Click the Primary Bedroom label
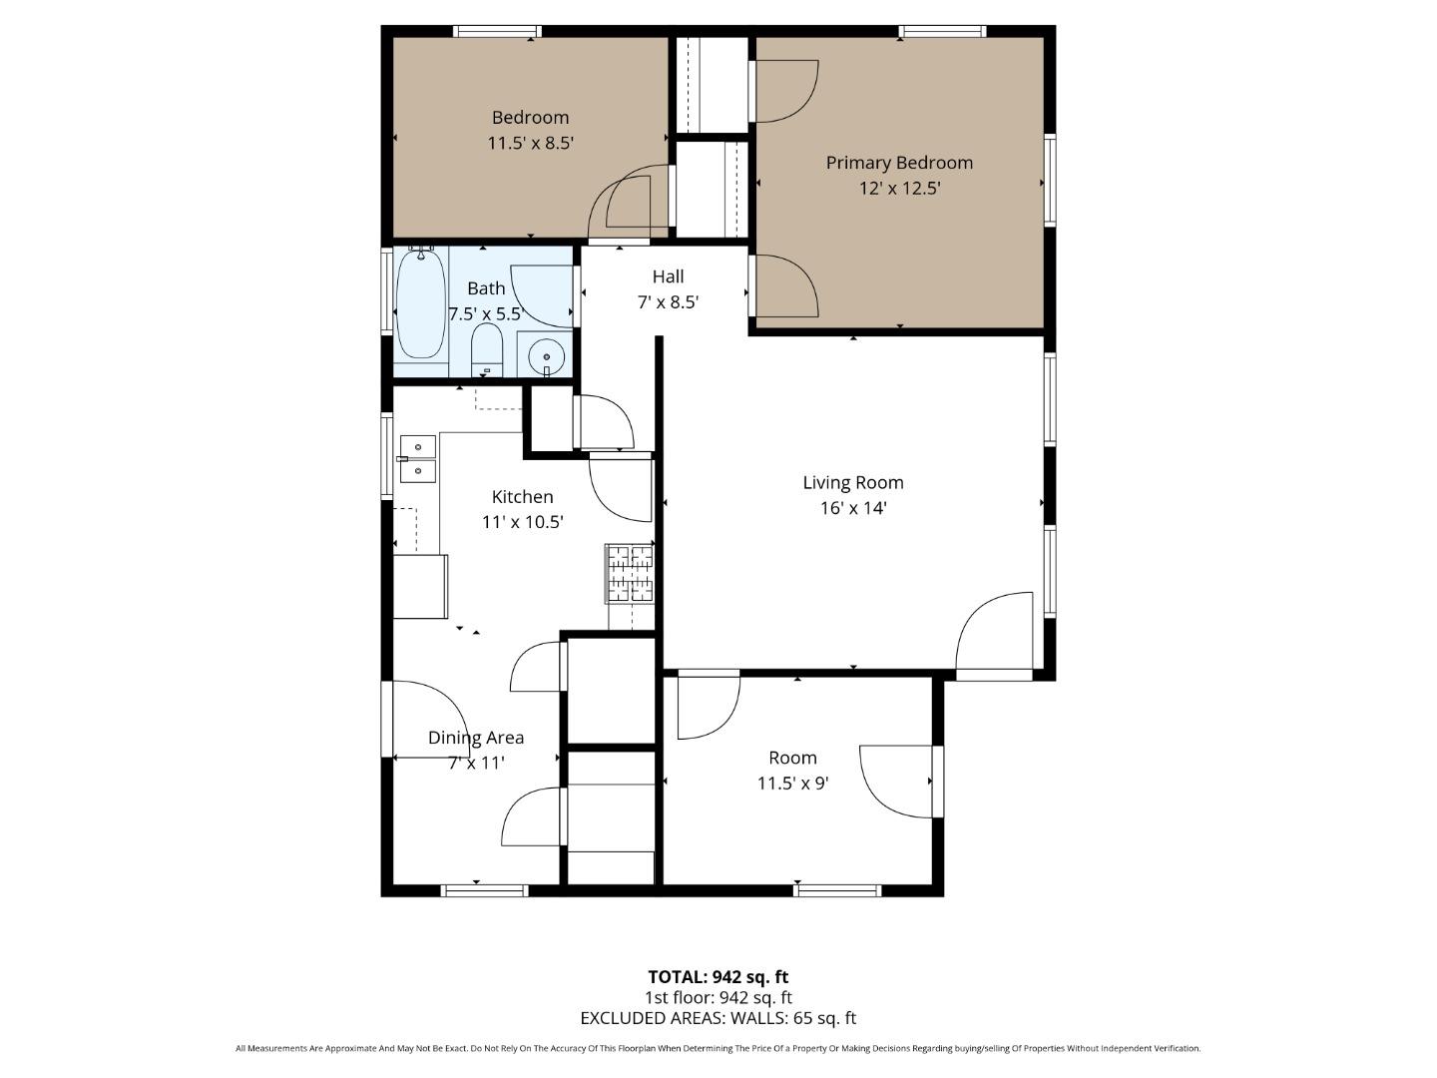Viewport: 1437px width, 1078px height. (898, 163)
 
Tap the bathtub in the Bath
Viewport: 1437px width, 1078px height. (420, 303)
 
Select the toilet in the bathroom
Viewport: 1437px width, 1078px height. (486, 347)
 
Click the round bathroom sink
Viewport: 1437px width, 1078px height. (546, 355)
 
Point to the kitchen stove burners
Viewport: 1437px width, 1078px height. (630, 574)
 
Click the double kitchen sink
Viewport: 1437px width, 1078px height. (418, 458)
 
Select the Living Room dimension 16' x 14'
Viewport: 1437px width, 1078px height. (853, 508)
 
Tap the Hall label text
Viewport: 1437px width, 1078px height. (668, 276)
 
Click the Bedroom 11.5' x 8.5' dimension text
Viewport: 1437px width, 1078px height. (530, 143)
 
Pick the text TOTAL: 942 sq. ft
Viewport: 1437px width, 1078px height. (718, 977)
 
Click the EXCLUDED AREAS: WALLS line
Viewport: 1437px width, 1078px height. (718, 1018)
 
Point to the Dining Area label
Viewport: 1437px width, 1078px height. (475, 738)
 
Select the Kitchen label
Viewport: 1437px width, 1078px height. (522, 496)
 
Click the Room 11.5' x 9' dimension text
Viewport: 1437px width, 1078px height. (792, 784)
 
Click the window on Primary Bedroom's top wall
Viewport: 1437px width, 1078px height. (942, 32)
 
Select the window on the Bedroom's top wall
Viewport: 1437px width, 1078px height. (497, 32)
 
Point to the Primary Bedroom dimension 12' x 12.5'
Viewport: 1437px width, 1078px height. (899, 188)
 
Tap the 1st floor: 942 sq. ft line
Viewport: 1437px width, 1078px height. (718, 997)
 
